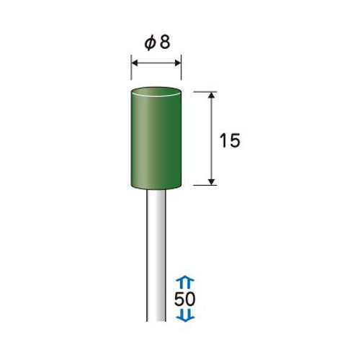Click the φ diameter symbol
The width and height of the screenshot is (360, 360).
149,43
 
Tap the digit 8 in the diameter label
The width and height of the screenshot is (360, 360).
165,42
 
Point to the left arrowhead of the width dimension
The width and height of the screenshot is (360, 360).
135,63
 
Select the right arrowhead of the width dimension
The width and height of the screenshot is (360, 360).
178,63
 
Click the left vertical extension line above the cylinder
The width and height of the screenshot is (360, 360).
131,68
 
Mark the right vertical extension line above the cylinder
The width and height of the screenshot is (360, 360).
181,68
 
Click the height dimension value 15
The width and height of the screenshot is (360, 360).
230,140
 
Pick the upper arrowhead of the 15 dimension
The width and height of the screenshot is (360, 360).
211,95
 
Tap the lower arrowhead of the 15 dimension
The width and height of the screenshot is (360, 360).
211,182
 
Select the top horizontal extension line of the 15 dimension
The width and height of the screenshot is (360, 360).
205,91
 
